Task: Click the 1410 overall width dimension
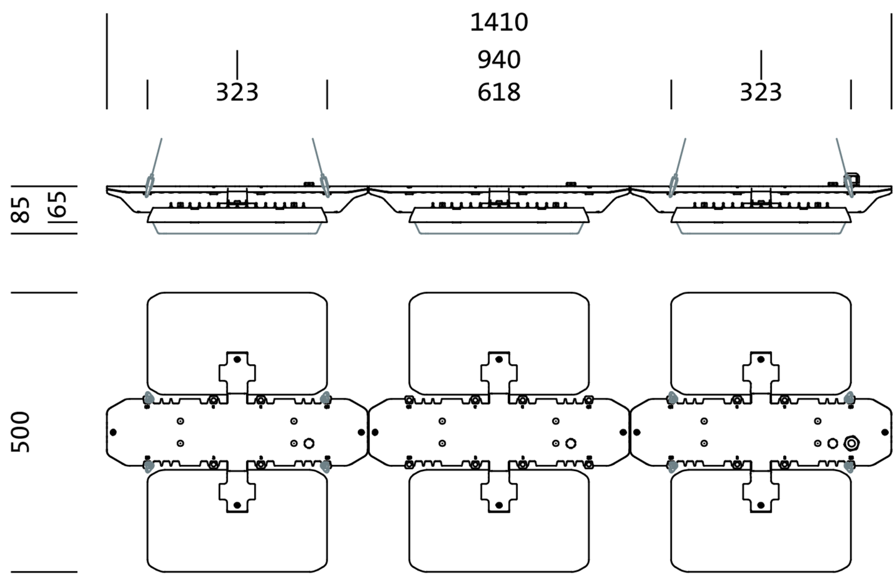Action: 499,22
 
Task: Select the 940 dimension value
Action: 499,60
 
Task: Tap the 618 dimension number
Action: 499,93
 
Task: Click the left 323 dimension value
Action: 237,93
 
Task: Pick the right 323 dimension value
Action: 761,93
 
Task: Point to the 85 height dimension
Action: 21,209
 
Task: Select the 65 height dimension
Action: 57,204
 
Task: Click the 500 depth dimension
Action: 21,431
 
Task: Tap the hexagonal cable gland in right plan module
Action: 851,443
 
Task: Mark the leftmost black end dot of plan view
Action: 113,432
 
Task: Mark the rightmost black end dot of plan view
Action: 885,432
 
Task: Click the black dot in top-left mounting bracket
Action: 237,359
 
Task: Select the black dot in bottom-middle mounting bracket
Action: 498,505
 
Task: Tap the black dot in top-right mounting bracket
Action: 760,359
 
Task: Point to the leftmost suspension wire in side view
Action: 156,160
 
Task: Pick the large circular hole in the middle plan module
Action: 571,443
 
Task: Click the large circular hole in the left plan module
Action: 309,443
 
